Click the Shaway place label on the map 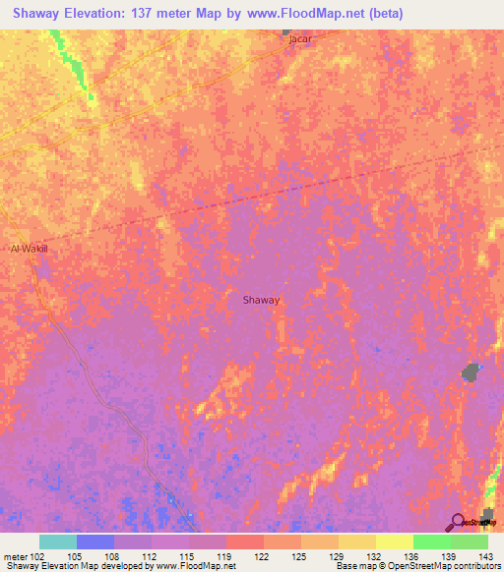(x=262, y=302)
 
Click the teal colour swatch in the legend (x=58, y=542)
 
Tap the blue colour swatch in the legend (x=95, y=542)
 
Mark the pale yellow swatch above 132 (x=356, y=542)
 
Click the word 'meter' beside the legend (x=15, y=557)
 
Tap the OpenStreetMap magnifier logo (x=458, y=521)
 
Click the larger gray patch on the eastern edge (x=472, y=372)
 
